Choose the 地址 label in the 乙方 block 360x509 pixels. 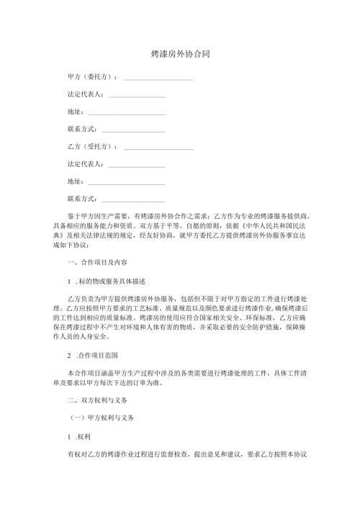75,181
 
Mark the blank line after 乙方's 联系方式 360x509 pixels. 134,199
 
